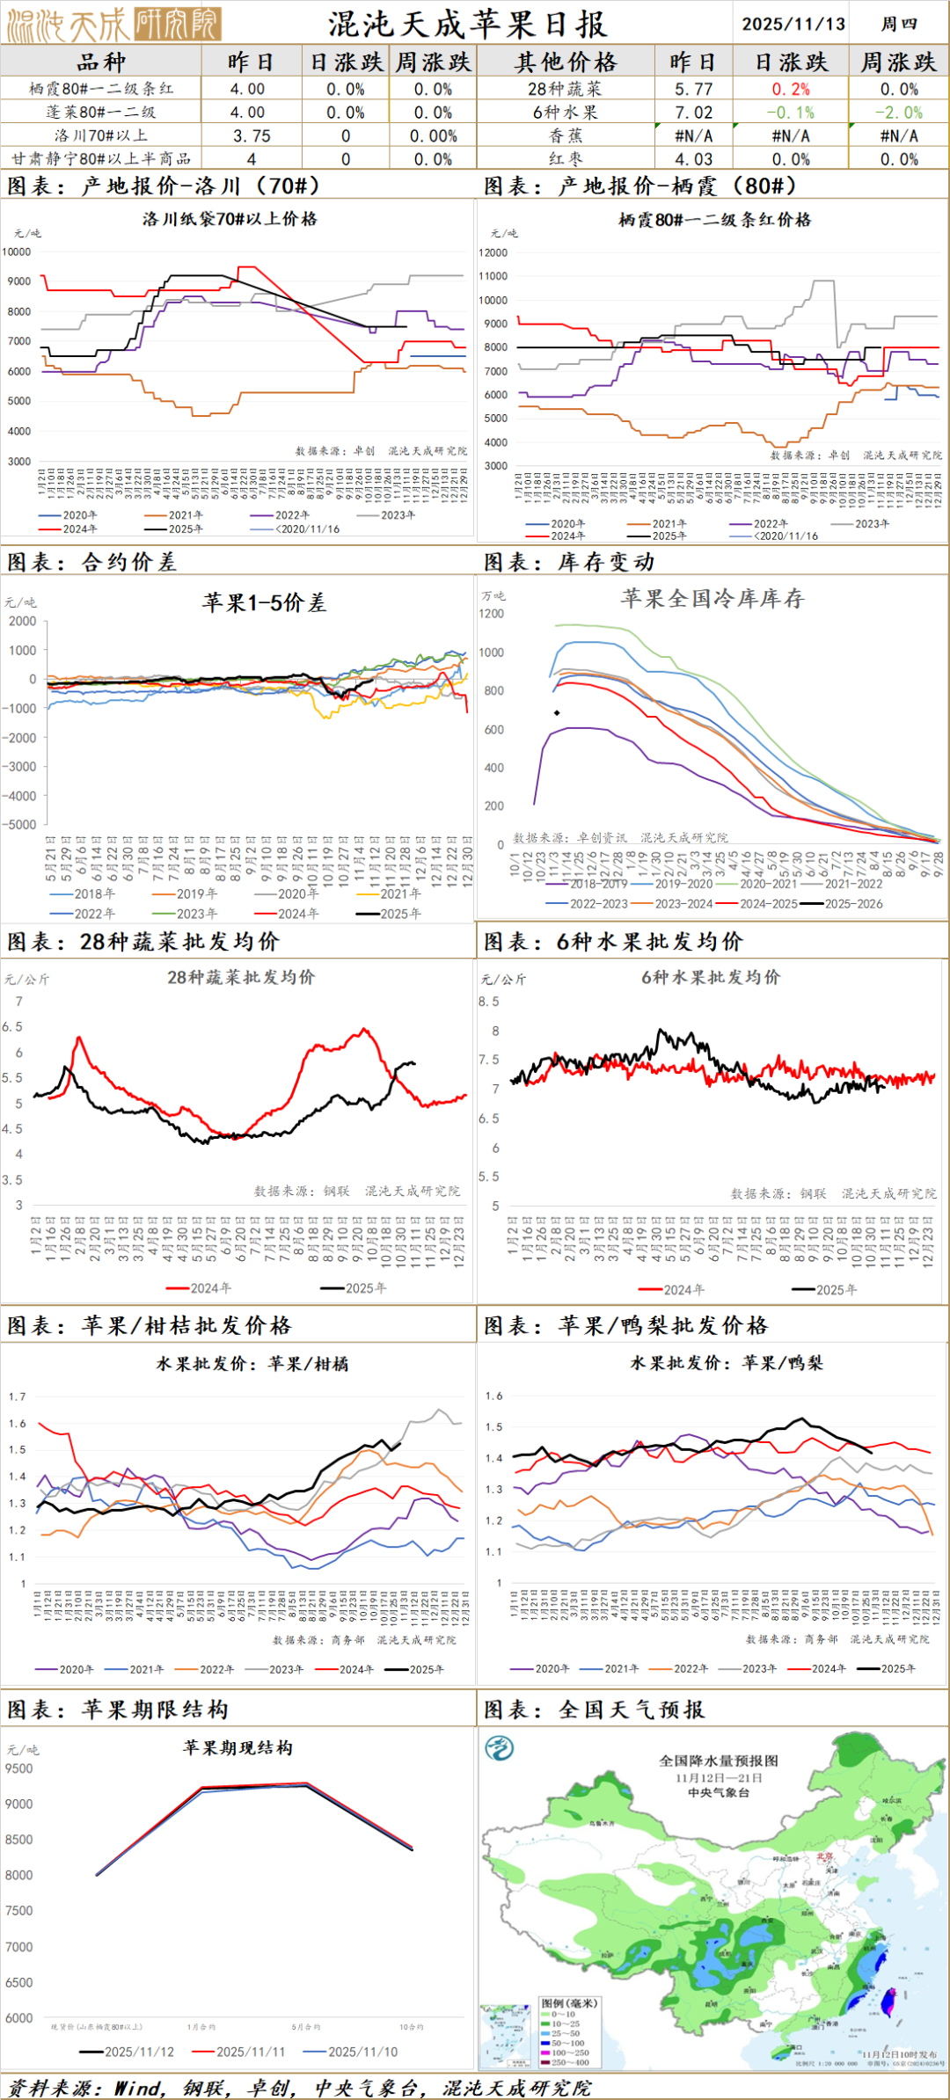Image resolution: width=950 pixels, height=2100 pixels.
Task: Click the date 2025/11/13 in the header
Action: pyautogui.click(x=793, y=24)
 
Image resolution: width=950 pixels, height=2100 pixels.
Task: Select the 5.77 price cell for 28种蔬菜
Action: pyautogui.click(x=693, y=89)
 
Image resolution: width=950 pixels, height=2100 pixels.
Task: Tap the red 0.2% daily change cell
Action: pyautogui.click(x=791, y=89)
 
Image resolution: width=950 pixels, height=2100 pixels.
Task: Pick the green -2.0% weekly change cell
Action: pyautogui.click(x=898, y=113)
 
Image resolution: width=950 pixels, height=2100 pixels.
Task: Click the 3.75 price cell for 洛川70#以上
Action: pyautogui.click(x=252, y=135)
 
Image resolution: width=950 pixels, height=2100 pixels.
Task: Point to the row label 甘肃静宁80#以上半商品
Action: pyautogui.click(x=101, y=159)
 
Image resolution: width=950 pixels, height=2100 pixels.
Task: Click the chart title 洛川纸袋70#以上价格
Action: pyautogui.click(x=230, y=219)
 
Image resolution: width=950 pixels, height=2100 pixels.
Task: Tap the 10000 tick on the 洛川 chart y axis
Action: pyautogui.click(x=17, y=252)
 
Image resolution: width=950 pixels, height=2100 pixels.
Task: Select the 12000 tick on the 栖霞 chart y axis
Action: pyautogui.click(x=493, y=252)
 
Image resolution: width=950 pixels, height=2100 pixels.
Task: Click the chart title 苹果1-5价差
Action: pyautogui.click(x=264, y=602)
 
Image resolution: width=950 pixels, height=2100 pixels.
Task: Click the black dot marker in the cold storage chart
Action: pyautogui.click(x=557, y=712)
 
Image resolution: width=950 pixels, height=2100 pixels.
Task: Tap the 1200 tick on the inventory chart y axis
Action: pyautogui.click(x=492, y=614)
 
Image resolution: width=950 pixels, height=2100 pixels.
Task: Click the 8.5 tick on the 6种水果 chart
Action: pyautogui.click(x=489, y=1002)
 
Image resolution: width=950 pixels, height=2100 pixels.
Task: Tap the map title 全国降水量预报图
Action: pyautogui.click(x=719, y=1761)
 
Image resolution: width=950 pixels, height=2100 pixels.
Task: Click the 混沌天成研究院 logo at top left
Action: pyautogui.click(x=113, y=24)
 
